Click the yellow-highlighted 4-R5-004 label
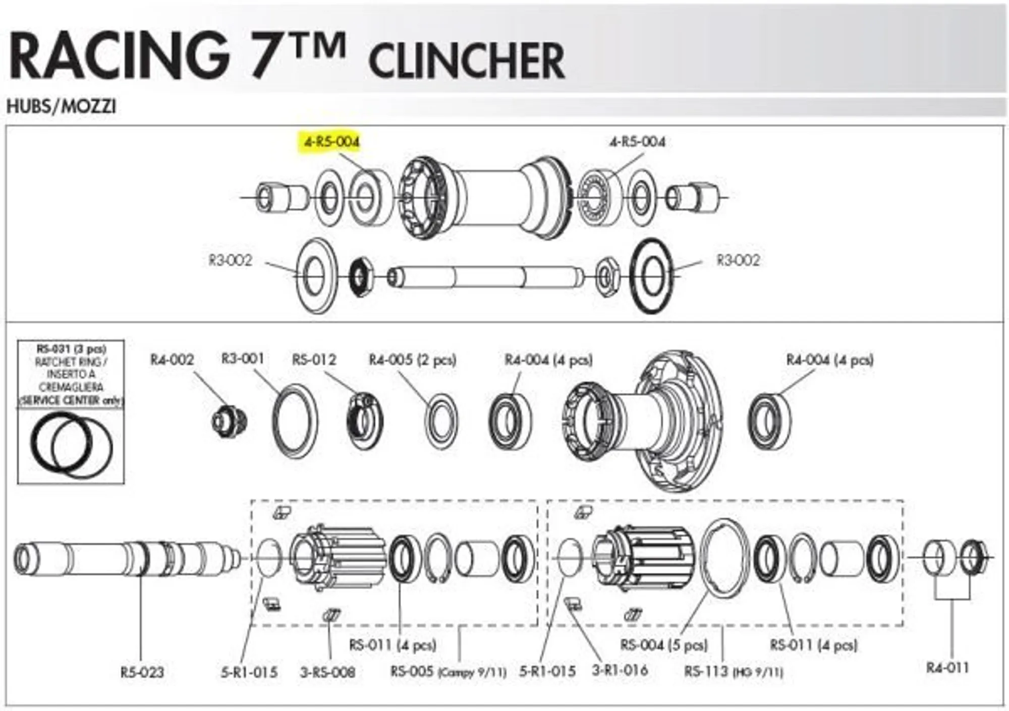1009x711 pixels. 331,142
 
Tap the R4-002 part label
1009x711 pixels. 172,360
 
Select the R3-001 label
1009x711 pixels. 243,359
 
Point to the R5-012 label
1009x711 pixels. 314,360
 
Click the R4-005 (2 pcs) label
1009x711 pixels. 412,360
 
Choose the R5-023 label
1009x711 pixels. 142,672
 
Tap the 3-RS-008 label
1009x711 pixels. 328,672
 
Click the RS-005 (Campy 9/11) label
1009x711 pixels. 448,672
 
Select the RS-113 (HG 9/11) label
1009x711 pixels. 734,672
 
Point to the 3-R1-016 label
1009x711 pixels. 620,670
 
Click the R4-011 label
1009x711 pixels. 947,668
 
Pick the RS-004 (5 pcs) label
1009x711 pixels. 664,645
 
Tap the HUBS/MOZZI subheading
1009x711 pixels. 61,106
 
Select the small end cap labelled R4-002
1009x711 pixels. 229,422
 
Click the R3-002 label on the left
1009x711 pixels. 230,260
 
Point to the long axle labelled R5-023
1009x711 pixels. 126,559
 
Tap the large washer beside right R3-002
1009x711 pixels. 652,276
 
